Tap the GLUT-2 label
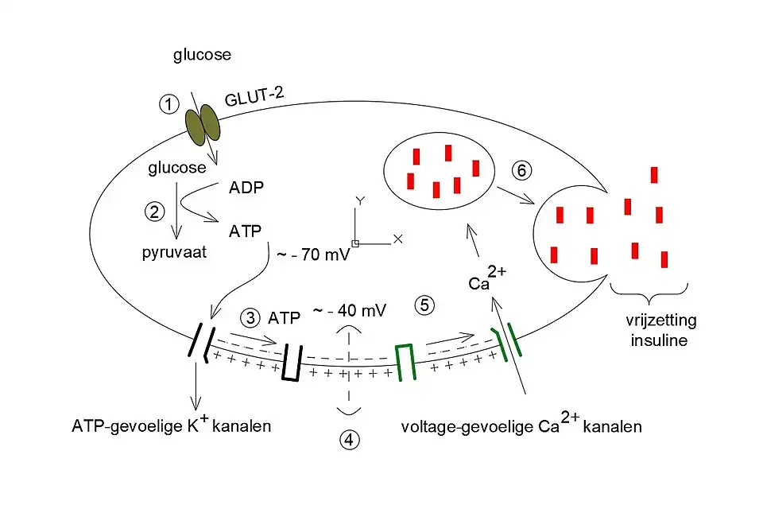[x=253, y=98]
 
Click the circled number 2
[x=153, y=212]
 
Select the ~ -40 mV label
[x=349, y=310]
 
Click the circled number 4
[x=350, y=438]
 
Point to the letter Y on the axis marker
[x=359, y=202]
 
